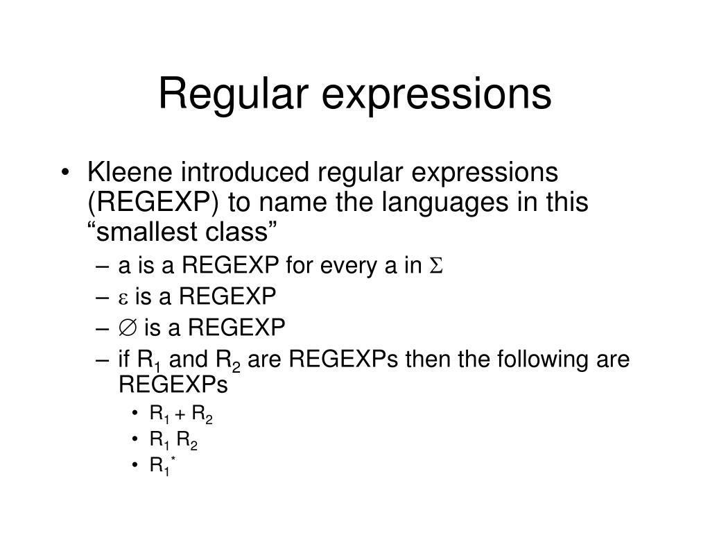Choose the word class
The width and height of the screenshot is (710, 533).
pyautogui.click(x=235, y=232)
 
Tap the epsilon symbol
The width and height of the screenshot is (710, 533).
pyautogui.click(x=124, y=297)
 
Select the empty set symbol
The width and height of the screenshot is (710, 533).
pyautogui.click(x=128, y=327)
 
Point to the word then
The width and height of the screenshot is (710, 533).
pyautogui.click(x=424, y=359)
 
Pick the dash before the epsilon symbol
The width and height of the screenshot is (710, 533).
pyautogui.click(x=105, y=297)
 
